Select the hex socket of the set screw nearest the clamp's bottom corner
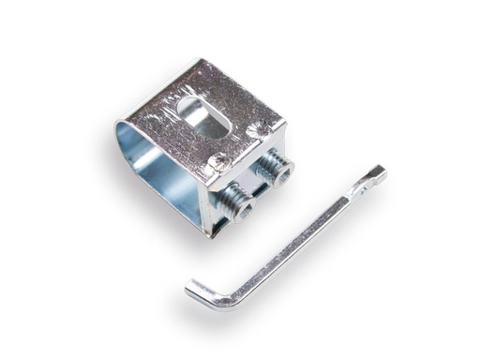click(x=242, y=208)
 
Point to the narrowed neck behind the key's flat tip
click(x=358, y=189)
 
